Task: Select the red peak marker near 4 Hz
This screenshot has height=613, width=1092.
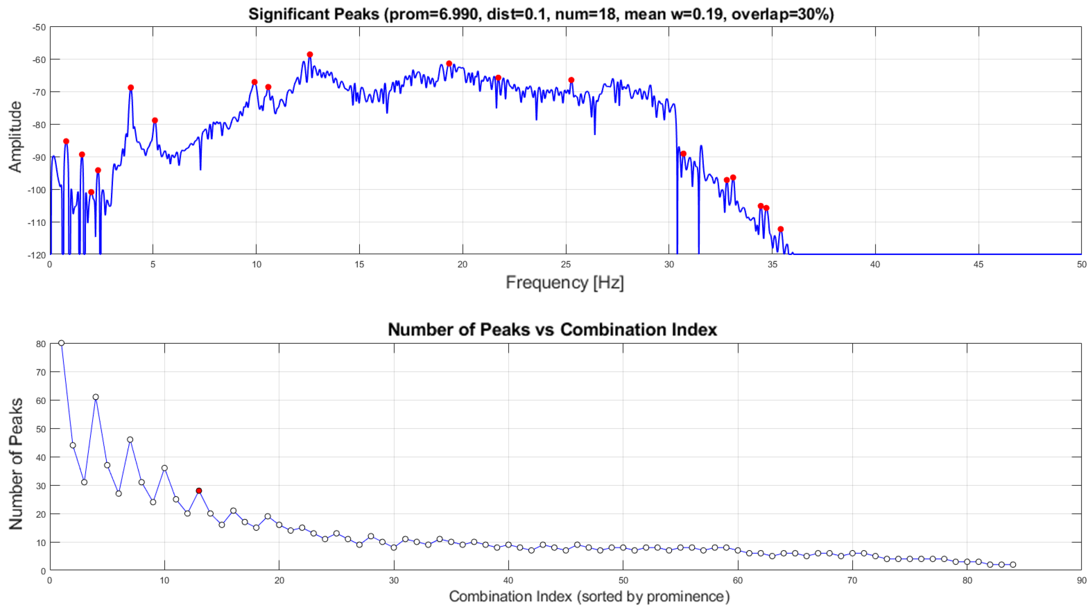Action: (x=131, y=88)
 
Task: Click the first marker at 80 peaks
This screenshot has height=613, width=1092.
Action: (x=61, y=343)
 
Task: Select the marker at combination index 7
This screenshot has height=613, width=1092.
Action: (x=130, y=440)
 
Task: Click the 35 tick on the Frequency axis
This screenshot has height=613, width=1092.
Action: (x=772, y=265)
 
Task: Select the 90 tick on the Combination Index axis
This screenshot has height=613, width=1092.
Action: (x=1082, y=581)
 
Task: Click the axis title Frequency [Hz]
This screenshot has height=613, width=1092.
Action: (x=565, y=283)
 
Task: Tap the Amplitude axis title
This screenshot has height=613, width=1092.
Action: (x=15, y=137)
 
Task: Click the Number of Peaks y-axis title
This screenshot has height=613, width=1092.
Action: (x=16, y=464)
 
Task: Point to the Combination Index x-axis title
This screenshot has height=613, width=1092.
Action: (x=589, y=596)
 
